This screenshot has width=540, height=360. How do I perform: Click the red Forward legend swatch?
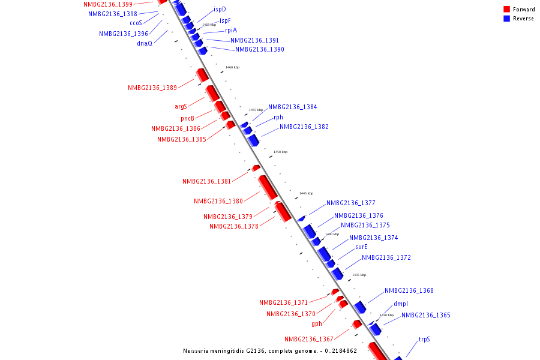(x=506, y=10)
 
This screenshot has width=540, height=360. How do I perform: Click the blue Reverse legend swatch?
(x=506, y=19)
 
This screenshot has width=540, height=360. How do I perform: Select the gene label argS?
(x=181, y=106)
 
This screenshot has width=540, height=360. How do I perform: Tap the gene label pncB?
(x=188, y=118)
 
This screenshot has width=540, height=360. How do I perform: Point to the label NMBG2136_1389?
(x=152, y=88)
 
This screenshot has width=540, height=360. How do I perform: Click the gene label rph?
(x=278, y=117)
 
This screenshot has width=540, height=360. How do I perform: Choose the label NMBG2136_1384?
(x=292, y=107)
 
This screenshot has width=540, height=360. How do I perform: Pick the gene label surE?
(x=361, y=247)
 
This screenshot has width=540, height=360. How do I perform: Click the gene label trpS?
(x=424, y=339)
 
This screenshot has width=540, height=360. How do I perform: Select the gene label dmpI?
(x=401, y=304)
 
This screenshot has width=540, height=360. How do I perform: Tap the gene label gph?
(x=317, y=323)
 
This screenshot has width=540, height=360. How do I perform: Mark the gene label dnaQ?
(x=145, y=43)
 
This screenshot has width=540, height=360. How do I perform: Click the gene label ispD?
(x=220, y=10)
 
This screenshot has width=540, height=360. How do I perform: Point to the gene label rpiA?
(x=231, y=30)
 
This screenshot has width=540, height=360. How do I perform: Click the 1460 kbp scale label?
(x=232, y=68)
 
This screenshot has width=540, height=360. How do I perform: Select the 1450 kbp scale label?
(x=280, y=152)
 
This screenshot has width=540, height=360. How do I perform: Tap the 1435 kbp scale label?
(x=359, y=275)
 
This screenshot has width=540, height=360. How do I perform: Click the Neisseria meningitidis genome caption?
(x=270, y=350)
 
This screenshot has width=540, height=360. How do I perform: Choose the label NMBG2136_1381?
(x=206, y=181)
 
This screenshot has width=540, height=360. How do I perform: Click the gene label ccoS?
(x=136, y=23)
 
